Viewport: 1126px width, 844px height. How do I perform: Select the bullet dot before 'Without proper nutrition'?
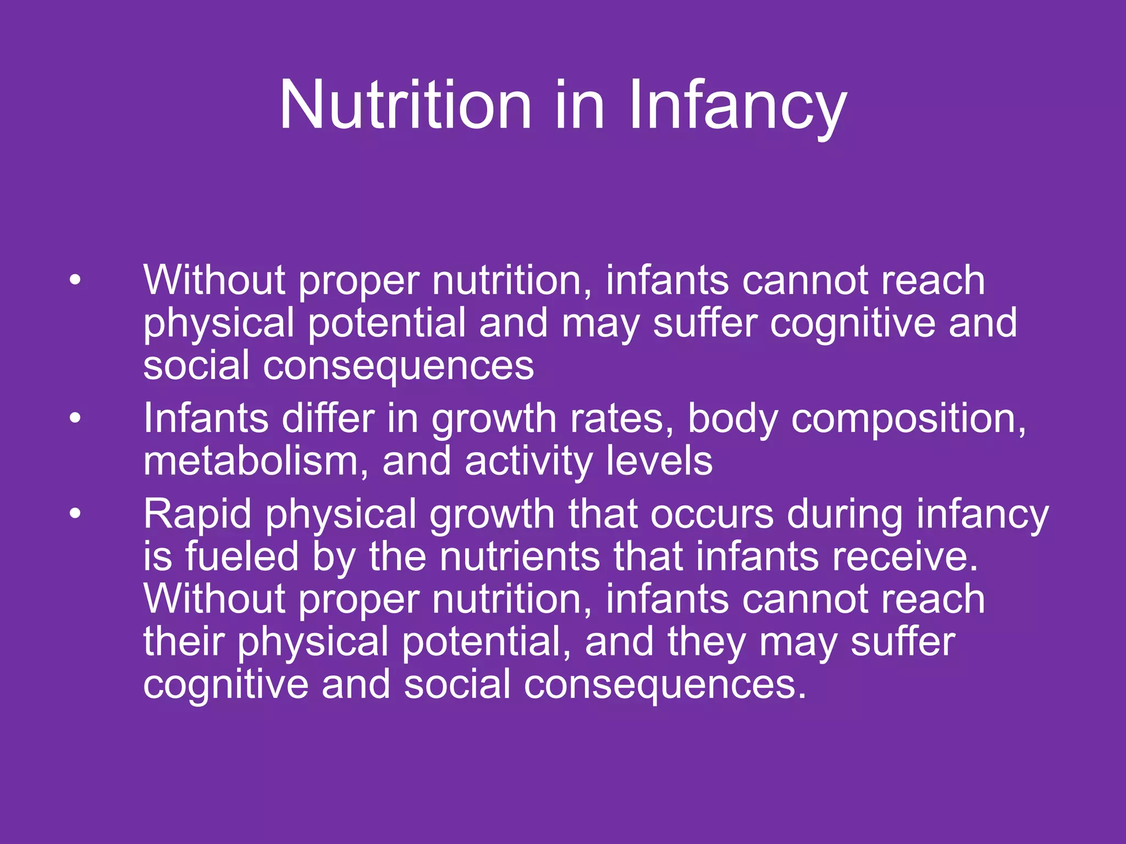75,280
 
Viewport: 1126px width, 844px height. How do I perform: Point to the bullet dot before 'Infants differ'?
75,419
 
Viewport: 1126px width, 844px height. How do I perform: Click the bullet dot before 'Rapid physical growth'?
75,514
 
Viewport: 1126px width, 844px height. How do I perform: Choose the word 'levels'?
659,462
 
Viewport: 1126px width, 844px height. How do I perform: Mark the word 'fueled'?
241,556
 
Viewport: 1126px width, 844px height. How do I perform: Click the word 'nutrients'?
520,556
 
